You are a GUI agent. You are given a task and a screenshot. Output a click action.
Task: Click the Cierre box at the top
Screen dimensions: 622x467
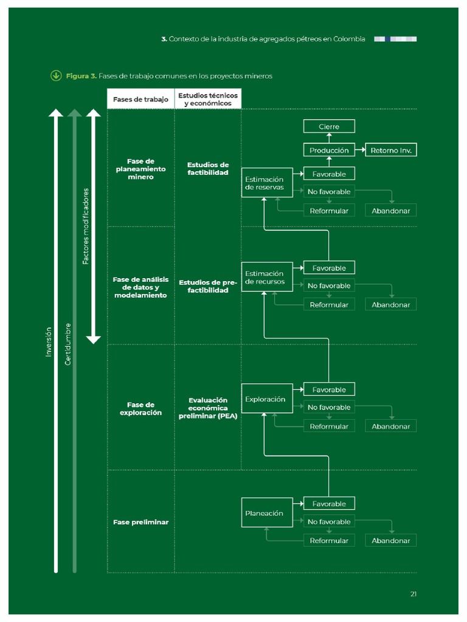(329, 126)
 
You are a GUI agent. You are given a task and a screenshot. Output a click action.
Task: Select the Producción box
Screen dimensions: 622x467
(329, 150)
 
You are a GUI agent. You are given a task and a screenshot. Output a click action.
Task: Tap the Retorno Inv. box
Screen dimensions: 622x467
(390, 150)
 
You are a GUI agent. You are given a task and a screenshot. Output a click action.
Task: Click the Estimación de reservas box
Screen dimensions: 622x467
(266, 183)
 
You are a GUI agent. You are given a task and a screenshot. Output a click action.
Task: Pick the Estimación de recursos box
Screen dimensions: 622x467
(266, 278)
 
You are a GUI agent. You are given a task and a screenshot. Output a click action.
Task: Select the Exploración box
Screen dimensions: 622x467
(266, 399)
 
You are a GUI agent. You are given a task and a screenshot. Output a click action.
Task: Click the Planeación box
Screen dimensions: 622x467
(266, 513)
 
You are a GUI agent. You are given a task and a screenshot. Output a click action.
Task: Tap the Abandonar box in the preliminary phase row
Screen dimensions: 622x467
(390, 541)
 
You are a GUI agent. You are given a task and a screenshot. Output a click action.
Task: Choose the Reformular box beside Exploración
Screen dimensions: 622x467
(329, 426)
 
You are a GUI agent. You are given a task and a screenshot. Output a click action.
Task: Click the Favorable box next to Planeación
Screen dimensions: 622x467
(329, 504)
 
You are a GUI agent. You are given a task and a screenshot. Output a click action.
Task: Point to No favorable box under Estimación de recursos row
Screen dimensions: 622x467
(329, 285)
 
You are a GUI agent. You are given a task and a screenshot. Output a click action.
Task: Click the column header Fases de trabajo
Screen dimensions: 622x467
(140, 100)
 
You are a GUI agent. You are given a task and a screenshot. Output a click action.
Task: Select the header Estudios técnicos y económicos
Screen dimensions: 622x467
(208, 100)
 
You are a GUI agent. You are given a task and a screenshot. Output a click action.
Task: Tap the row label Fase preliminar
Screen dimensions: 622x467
(140, 522)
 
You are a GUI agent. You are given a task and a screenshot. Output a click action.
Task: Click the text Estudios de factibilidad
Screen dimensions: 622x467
(208, 168)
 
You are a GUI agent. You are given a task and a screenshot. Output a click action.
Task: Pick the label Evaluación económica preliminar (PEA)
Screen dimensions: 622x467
(208, 408)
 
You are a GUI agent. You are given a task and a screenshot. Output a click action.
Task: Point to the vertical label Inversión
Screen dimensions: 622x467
(49, 341)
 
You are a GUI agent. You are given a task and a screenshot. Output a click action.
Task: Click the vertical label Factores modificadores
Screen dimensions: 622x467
(86, 226)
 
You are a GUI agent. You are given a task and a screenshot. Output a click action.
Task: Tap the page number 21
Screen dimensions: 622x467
(413, 594)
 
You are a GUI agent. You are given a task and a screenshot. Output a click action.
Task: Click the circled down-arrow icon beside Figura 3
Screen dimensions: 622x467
(56, 76)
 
